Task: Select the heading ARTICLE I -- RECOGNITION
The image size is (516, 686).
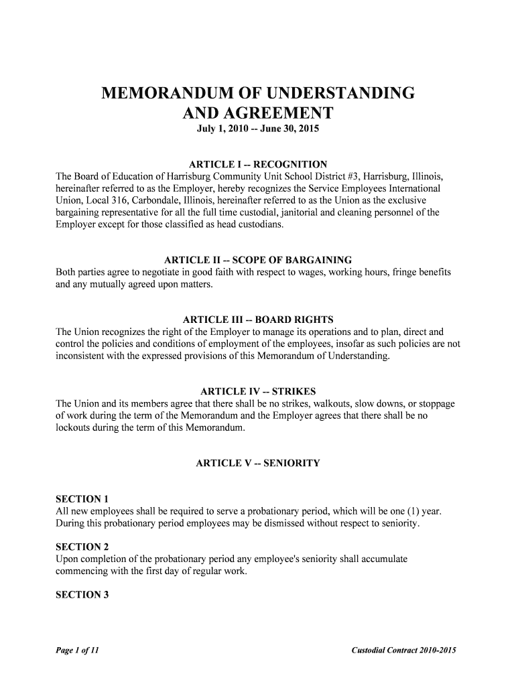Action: [x=258, y=164]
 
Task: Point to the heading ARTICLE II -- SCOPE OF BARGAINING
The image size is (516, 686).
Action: [x=258, y=260]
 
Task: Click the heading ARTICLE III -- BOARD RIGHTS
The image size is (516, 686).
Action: [x=258, y=319]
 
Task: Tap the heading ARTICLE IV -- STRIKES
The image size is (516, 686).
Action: [x=258, y=391]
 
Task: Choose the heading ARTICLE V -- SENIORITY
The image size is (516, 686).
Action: [x=258, y=463]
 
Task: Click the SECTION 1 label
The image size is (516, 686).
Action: [x=82, y=499]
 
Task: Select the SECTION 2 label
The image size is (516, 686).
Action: [x=82, y=547]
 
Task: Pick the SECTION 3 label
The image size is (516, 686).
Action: [x=82, y=594]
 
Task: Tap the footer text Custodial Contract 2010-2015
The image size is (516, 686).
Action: [x=403, y=650]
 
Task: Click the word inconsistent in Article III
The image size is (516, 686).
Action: [x=82, y=356]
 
